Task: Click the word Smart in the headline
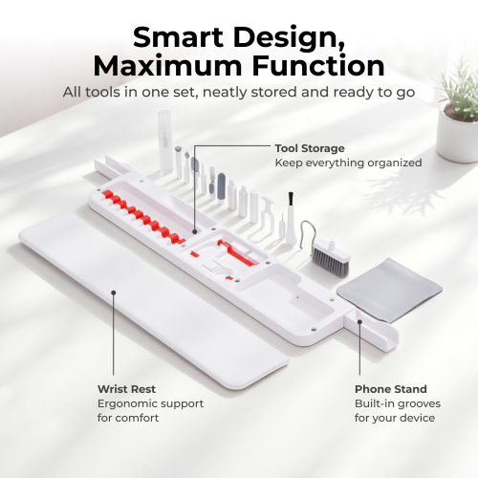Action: click(x=178, y=37)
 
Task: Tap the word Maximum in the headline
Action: click(x=167, y=66)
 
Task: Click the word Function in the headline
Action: click(x=318, y=66)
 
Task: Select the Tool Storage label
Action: click(x=310, y=148)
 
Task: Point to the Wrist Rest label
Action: click(x=126, y=389)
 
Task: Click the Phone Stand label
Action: click(x=391, y=389)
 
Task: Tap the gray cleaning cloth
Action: click(x=389, y=290)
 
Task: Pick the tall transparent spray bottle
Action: click(x=165, y=141)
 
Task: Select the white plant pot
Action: click(x=457, y=136)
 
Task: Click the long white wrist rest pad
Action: click(x=153, y=299)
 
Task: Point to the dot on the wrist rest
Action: click(x=113, y=293)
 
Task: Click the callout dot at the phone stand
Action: click(x=359, y=322)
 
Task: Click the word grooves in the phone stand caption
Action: click(x=418, y=404)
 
